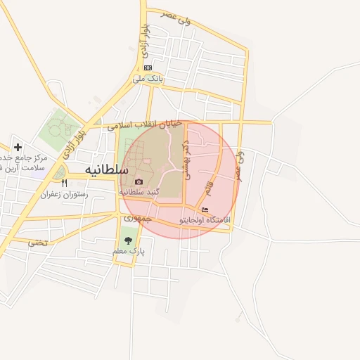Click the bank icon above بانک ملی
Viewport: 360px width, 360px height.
click(148, 67)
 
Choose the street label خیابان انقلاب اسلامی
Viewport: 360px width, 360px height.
click(144, 125)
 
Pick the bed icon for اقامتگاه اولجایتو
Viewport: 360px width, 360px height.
click(205, 210)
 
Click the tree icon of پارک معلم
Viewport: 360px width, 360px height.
click(127, 240)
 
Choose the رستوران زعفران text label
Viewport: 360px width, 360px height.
click(64, 193)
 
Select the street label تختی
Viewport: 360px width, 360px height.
click(39, 243)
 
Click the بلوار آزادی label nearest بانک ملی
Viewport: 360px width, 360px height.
click(145, 41)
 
